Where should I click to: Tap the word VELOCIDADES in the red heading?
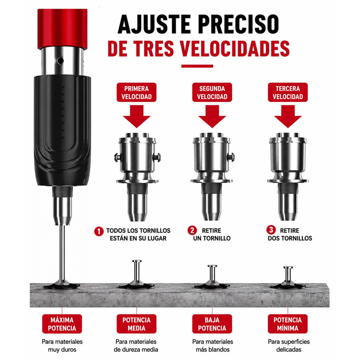pos(234,49)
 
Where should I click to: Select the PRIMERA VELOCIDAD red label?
pos(136,92)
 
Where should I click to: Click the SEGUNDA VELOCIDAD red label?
pos(212,92)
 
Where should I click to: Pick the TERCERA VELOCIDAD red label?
pos(288,92)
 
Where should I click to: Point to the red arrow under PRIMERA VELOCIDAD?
pos(137,116)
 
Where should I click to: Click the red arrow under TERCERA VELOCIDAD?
pos(288,116)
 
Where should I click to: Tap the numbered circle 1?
pos(99,231)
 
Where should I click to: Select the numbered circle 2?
pos(192,230)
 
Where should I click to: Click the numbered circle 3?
pos(271,230)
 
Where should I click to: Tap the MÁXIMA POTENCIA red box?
pos(62,324)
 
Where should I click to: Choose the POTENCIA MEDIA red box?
pos(136,324)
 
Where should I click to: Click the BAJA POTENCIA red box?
pos(212,324)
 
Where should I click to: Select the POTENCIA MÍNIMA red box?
pos(288,324)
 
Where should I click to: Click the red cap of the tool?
pos(63,29)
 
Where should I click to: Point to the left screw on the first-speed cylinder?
pos(117,157)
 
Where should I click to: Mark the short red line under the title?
pos(197,66)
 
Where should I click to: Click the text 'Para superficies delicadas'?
pos(289,346)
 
